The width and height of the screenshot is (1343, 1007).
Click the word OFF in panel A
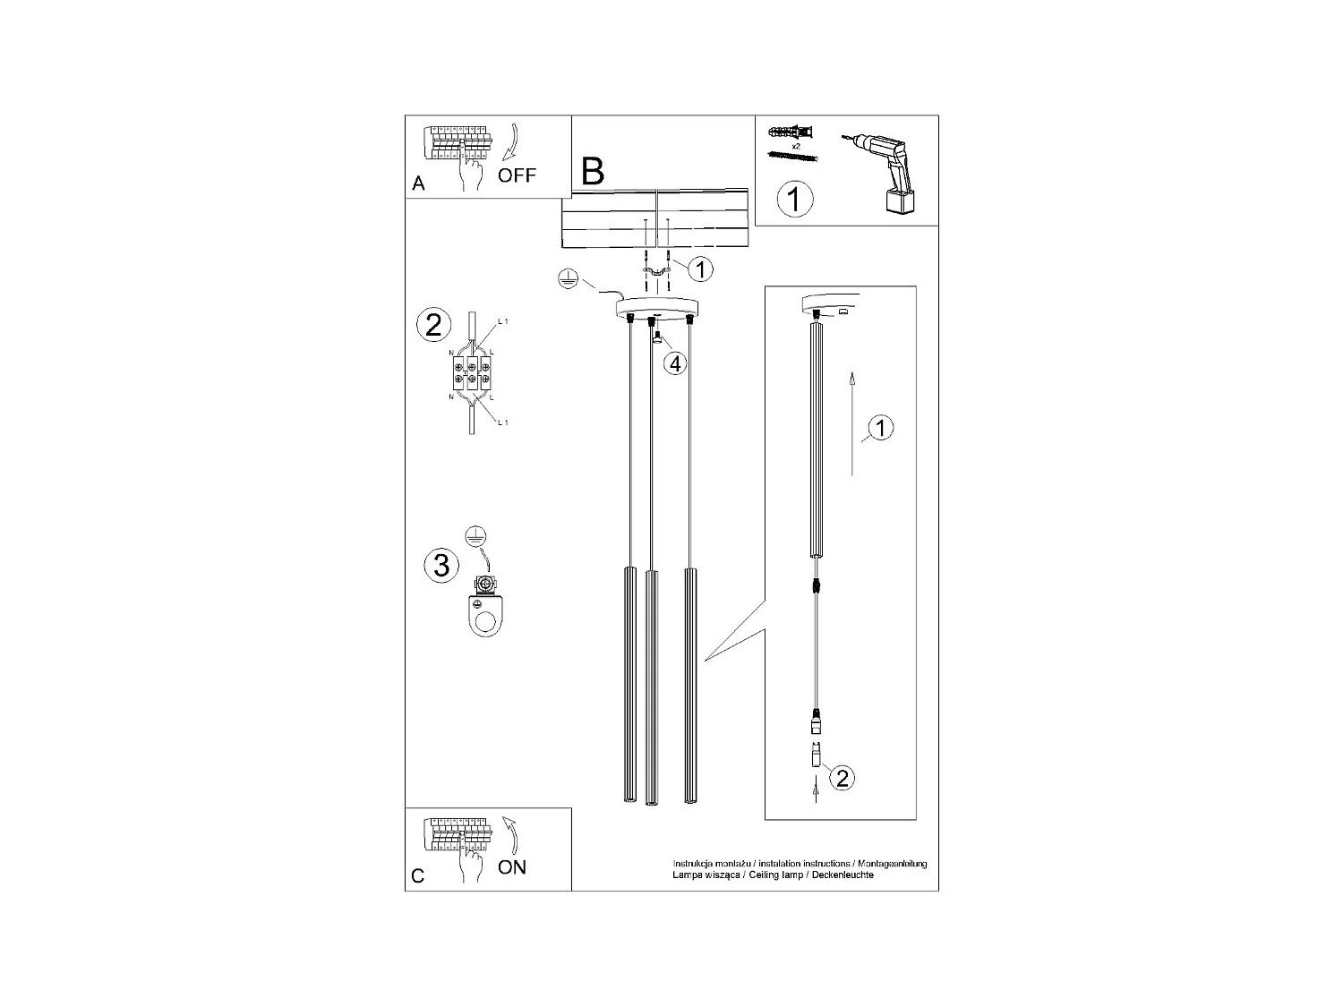pos(517,175)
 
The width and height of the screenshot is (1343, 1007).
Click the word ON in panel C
pos(512,866)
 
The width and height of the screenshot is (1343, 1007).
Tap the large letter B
pos(593,170)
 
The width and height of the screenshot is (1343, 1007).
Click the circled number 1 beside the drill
pos(795,198)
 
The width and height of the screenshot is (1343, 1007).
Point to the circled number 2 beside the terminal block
pos(434,325)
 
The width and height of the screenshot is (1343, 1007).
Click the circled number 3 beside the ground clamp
pos(441,566)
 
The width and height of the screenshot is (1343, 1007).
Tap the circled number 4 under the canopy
pos(675,363)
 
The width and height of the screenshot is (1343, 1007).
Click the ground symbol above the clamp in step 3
pos(476,536)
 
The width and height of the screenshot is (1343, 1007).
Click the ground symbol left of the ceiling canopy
pos(566,277)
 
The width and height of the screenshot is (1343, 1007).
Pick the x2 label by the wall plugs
pos(795,145)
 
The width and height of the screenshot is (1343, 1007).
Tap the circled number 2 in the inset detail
pos(842,778)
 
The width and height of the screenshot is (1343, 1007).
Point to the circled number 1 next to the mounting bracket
pos(701,268)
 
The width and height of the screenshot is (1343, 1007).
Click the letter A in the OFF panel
pos(418,184)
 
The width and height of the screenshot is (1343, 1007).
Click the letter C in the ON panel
pos(418,876)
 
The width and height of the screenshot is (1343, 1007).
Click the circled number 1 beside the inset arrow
pos(881,428)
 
